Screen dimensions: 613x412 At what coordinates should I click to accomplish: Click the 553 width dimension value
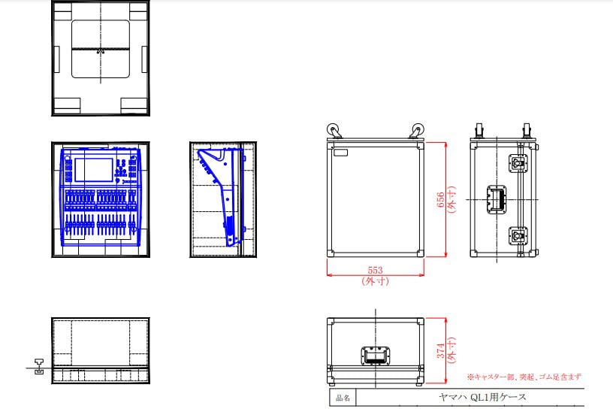(x=375, y=270)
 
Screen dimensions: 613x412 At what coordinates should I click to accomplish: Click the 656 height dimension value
(x=440, y=199)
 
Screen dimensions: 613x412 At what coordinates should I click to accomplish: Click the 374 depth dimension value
(x=440, y=350)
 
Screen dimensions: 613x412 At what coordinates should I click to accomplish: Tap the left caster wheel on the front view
(x=334, y=130)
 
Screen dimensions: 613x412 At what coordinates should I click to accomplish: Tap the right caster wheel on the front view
(x=417, y=130)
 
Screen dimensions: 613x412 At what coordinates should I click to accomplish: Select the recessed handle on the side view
(x=497, y=199)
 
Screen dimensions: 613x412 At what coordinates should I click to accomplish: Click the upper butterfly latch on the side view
(x=518, y=163)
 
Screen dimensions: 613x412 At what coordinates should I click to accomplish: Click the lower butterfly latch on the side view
(x=518, y=236)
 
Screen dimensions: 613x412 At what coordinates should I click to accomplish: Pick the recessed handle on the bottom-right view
(x=375, y=356)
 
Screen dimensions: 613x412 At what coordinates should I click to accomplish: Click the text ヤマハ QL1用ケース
(x=482, y=397)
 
